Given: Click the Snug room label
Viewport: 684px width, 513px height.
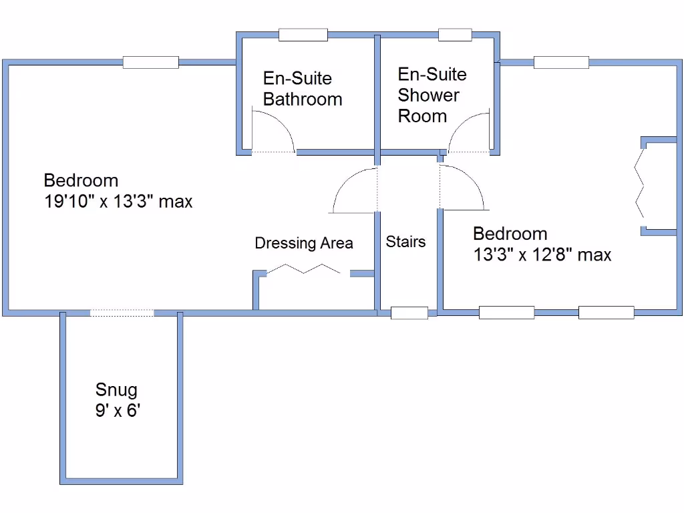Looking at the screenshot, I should coord(116,389).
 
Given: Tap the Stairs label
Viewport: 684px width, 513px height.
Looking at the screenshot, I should coord(405,242).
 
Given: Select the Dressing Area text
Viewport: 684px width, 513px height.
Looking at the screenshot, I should coord(304,243).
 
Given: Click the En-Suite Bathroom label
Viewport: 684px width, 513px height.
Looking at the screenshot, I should coord(302,89).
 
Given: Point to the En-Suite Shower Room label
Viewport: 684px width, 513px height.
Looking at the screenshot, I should coord(432,95).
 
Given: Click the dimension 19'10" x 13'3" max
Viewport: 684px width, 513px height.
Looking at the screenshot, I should coord(118,202).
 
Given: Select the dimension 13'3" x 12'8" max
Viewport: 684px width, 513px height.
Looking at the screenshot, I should coord(542,254).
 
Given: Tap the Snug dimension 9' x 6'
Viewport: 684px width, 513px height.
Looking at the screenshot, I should coord(117,411).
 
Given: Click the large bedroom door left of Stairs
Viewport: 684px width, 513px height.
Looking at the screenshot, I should coord(354,190).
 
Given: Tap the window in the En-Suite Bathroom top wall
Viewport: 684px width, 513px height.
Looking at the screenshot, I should coord(303,35).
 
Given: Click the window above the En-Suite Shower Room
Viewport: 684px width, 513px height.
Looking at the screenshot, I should coord(455,35).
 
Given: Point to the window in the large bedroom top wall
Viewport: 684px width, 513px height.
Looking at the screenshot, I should coord(150,62).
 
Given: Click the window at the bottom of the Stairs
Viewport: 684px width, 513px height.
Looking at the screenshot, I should coord(409,313).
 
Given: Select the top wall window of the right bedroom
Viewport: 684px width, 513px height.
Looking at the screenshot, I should coord(561,62).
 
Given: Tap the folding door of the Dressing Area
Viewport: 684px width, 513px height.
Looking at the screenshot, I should coord(304,269).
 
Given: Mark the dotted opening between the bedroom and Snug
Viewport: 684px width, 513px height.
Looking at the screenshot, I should coord(122,313).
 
